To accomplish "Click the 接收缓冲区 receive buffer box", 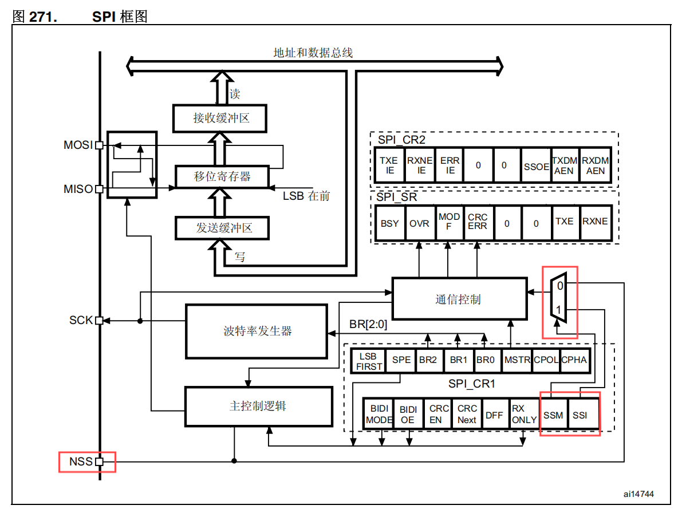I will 221,119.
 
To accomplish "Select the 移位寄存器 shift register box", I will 222,176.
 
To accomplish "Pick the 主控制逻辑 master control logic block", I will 258,406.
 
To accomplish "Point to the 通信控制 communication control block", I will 458,299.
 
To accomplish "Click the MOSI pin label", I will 78,145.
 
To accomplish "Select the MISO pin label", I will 78,189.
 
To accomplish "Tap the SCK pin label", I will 81,320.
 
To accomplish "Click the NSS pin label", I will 81,461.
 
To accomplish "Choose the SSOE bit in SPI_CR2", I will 536,166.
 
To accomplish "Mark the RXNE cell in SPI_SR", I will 595,222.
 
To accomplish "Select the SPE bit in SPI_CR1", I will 401,360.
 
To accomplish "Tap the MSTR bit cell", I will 517,360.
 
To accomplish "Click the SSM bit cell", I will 553,415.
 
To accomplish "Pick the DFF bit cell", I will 494,415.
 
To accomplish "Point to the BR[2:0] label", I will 368,325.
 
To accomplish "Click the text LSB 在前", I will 306,196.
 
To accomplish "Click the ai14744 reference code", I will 638,494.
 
